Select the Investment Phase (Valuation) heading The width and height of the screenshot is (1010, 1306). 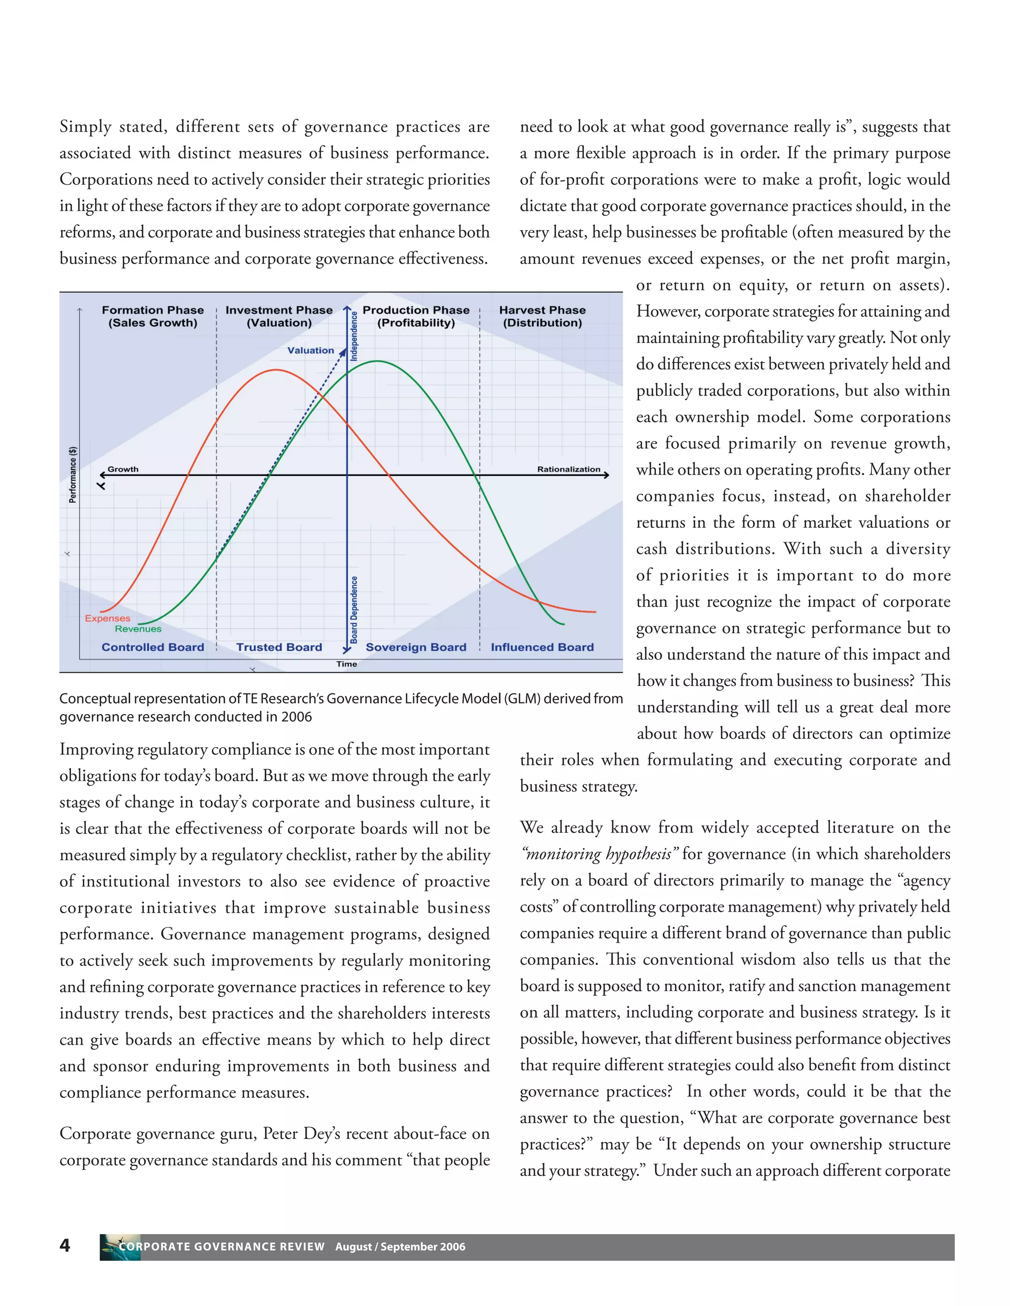click(279, 316)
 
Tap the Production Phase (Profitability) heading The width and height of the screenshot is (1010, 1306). click(416, 316)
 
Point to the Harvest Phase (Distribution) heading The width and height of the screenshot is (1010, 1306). click(542, 316)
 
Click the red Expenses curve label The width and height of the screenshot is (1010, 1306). click(107, 619)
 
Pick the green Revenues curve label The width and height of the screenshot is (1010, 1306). click(138, 629)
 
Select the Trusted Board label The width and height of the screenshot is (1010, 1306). click(279, 647)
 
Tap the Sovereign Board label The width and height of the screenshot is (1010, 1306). click(416, 647)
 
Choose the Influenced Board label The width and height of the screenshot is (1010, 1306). click(542, 647)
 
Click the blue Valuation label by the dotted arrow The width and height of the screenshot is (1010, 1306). click(311, 350)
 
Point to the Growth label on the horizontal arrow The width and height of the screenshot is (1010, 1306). click(123, 469)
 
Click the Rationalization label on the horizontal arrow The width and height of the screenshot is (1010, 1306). click(569, 469)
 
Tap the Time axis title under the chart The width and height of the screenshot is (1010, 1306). click(346, 664)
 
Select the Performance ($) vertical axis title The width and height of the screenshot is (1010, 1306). click(73, 475)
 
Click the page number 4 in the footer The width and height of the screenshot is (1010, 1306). click(65, 1245)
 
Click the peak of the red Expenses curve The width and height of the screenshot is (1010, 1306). click(276, 370)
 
